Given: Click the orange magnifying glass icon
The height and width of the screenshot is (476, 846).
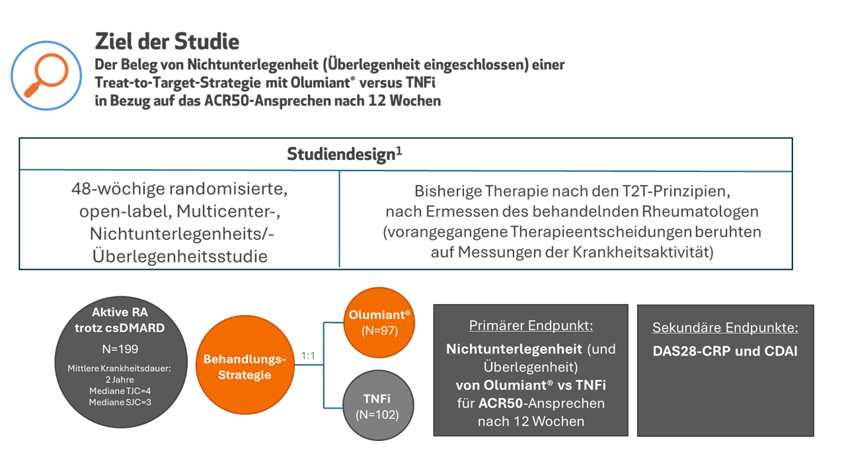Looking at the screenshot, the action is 47,75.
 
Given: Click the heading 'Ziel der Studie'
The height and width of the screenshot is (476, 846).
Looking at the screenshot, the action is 167,41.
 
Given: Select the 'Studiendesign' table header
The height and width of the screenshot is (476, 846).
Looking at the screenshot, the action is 344,154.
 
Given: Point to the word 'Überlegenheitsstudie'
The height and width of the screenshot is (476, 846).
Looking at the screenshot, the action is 180,256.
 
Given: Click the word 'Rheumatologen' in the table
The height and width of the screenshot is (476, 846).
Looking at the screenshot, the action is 700,212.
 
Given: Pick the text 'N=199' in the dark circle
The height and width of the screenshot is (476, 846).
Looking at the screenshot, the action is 120,348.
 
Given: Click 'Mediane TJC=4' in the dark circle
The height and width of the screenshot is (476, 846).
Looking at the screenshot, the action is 120,391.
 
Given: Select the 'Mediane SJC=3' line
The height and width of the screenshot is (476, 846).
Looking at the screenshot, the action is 120,402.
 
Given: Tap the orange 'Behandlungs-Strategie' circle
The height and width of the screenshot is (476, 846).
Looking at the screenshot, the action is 245,365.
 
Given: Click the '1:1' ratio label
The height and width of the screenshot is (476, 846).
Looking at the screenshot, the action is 308,356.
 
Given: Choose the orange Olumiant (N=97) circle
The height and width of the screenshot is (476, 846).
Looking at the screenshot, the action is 379,323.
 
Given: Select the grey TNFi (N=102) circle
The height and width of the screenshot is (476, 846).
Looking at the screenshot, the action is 378,405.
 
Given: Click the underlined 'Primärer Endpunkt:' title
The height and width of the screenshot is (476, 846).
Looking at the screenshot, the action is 531,325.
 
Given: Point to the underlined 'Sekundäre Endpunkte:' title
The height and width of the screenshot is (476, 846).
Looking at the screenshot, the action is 726,327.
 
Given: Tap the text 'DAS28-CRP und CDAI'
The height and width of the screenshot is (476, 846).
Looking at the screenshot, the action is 725,351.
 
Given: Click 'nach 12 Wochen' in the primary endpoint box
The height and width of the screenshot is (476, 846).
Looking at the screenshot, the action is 531,421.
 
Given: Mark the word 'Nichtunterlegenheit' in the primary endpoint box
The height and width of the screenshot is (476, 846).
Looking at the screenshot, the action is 514,349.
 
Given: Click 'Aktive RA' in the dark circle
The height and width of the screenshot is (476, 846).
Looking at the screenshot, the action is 120,312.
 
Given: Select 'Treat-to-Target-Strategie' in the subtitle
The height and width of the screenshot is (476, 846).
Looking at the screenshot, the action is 178,83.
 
